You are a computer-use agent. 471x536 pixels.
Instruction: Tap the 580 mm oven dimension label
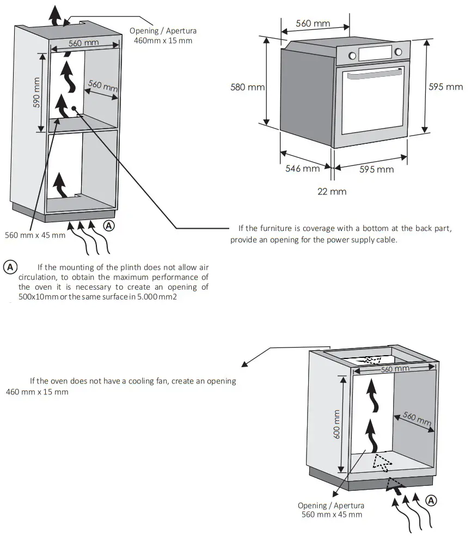pos(248,87)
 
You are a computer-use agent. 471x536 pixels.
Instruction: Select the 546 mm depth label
pos(303,169)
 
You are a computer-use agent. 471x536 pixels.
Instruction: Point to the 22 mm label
pos(332,191)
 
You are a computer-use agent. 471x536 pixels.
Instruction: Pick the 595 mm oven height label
pos(445,87)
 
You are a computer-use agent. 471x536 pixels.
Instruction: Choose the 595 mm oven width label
pos(376,169)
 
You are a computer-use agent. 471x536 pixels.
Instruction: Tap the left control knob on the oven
pos(352,55)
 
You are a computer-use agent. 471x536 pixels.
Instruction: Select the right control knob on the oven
pos(398,52)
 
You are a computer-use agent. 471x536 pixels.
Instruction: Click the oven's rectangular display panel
pos(375,53)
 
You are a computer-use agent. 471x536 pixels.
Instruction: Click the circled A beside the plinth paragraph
pos(10,267)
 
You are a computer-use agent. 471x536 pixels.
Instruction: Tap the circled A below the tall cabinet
pos(109,224)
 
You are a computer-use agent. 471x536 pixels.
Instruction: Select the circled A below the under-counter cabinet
pos(430,500)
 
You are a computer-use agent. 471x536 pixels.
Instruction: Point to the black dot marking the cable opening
pos(72,108)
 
